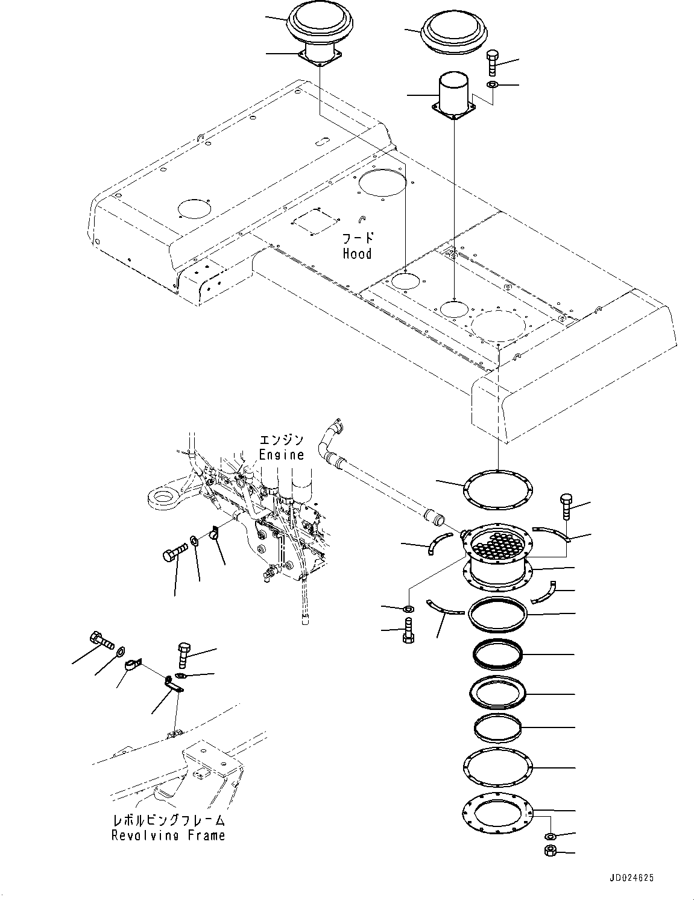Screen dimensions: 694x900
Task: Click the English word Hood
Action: pos(357,253)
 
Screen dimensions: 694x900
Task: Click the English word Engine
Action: pos(282,455)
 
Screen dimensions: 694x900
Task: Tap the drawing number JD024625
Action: pos(631,878)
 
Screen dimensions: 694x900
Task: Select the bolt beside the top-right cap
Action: pos(493,63)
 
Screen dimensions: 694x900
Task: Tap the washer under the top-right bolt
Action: pos(493,85)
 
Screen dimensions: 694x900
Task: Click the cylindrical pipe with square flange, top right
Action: pos(454,98)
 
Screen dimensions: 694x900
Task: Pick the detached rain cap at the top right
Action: pos(454,33)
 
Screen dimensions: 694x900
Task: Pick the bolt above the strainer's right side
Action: pos(567,507)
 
